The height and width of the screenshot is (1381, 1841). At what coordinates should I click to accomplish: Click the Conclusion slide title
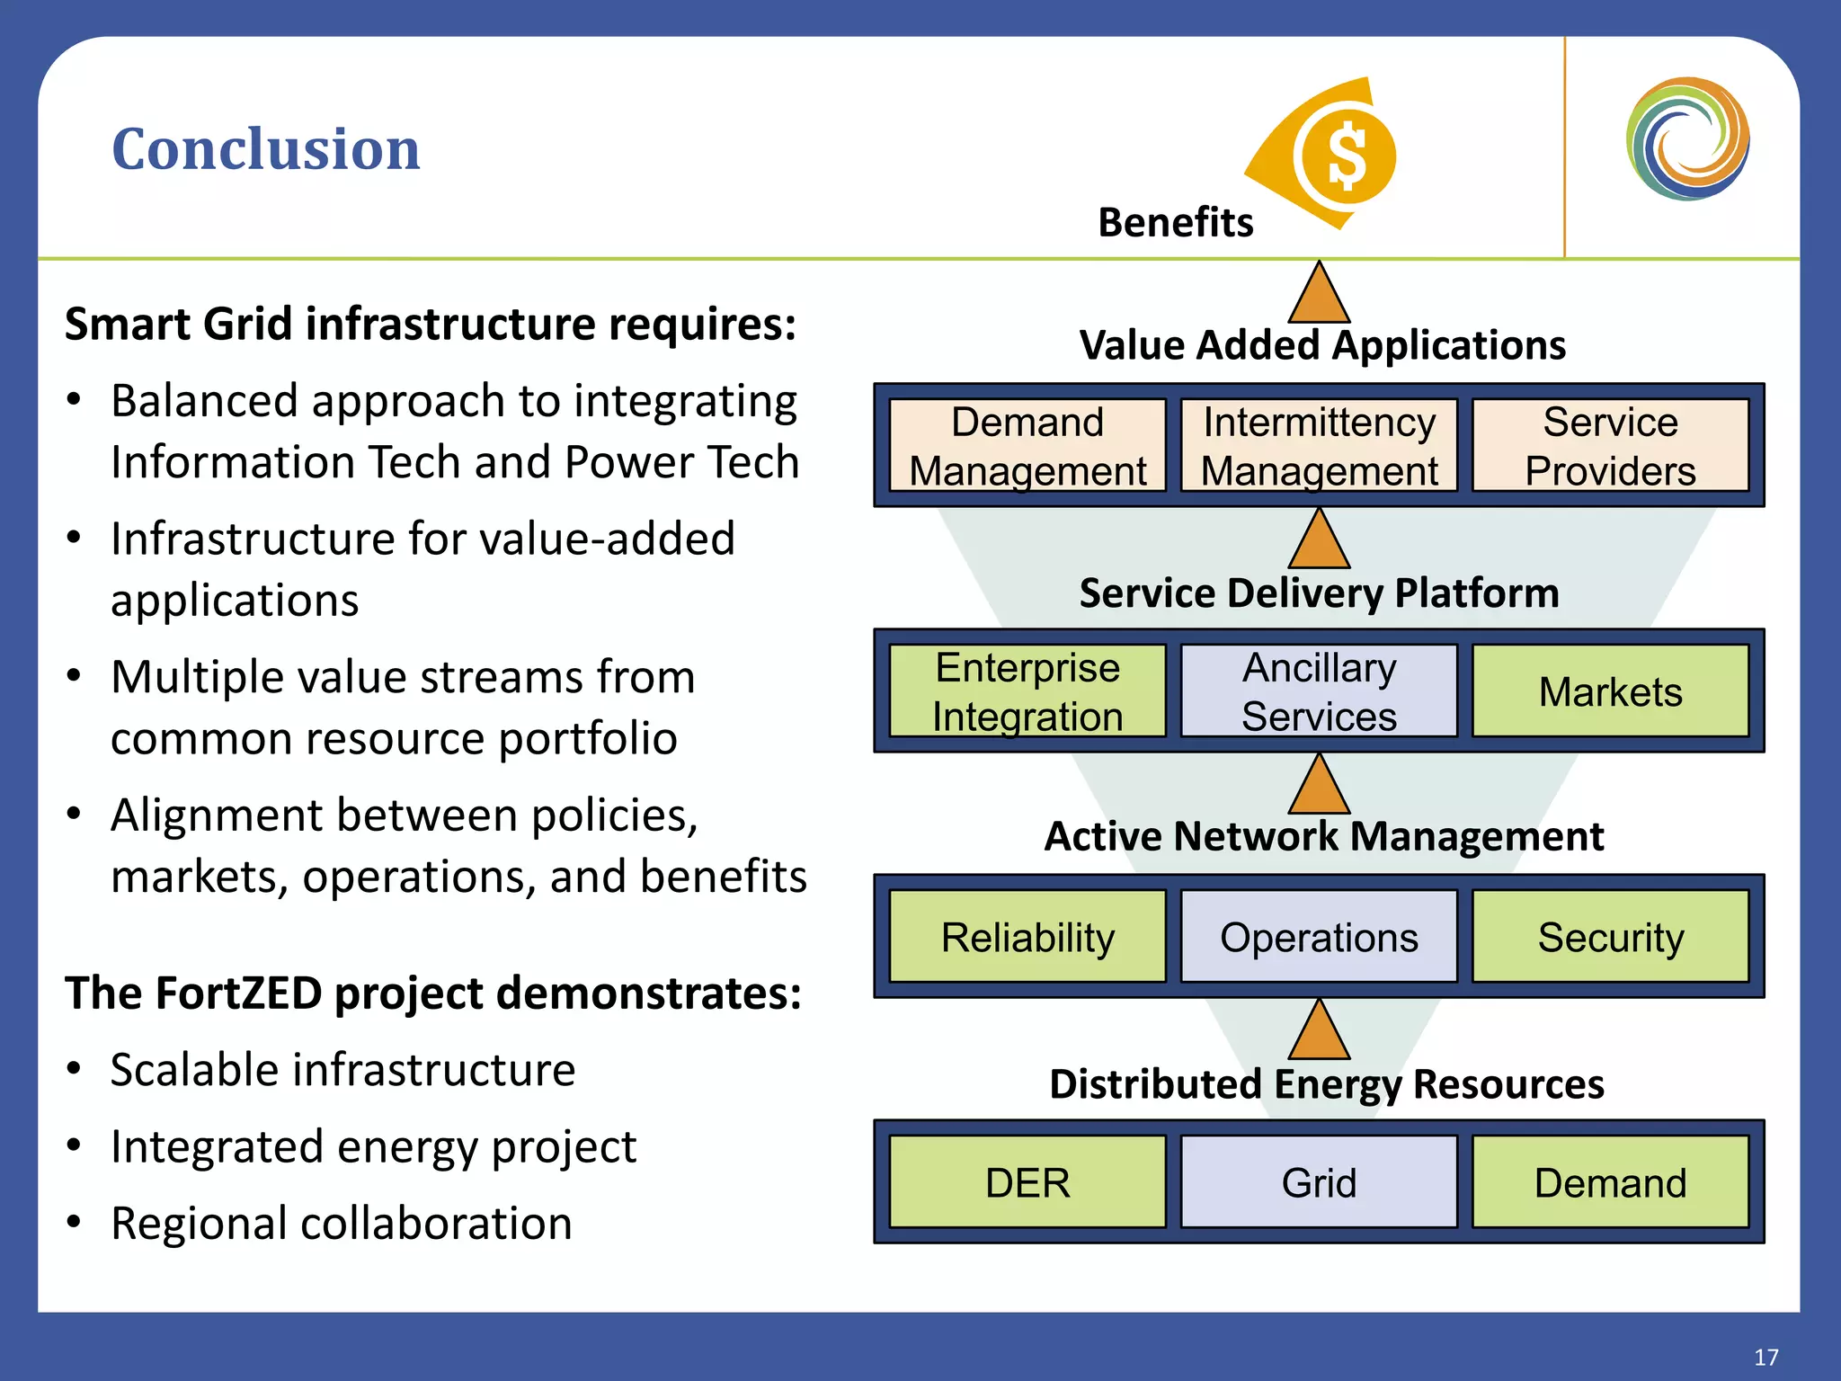[x=265, y=148]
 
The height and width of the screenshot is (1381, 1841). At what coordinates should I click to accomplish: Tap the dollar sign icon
[x=1347, y=156]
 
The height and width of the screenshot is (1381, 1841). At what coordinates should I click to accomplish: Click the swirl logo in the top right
[x=1687, y=138]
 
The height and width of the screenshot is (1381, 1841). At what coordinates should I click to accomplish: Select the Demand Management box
[x=1027, y=446]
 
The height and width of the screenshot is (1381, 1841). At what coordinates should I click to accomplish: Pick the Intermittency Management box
[x=1319, y=446]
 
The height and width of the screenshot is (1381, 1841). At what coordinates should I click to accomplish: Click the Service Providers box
[x=1610, y=446]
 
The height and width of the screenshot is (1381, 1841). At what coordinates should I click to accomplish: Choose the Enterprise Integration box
[x=1027, y=691]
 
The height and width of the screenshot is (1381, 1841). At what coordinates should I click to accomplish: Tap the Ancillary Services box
[x=1319, y=691]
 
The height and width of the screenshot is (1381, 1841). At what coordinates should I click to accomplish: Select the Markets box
[x=1610, y=691]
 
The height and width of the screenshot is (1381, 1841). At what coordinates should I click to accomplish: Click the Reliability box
[x=1027, y=937]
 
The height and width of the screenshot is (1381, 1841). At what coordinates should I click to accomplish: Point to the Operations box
[x=1319, y=937]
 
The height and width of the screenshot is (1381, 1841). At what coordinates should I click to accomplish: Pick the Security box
[x=1610, y=937]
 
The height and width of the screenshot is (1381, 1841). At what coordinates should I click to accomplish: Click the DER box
[x=1027, y=1182]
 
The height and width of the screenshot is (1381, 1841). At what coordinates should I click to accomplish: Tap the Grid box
[x=1319, y=1182]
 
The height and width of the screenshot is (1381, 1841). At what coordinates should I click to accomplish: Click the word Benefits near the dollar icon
[x=1175, y=222]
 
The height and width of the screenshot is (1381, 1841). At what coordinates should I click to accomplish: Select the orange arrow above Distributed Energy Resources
[x=1319, y=1032]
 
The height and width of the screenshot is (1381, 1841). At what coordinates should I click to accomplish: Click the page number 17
[x=1765, y=1357]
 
